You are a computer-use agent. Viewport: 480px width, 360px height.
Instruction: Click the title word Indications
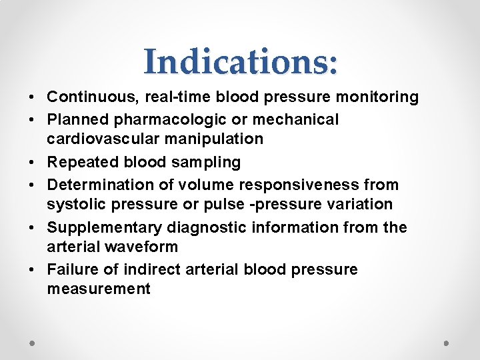241,61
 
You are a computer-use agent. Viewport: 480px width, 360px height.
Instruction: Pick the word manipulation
215,139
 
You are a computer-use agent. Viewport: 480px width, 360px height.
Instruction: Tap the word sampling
207,162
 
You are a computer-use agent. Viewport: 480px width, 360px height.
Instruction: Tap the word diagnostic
208,227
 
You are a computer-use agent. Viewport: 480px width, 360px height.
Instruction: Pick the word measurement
99,289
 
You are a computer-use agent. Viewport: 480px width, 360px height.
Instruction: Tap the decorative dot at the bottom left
33,343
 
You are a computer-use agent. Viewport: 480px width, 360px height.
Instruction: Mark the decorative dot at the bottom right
447,343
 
